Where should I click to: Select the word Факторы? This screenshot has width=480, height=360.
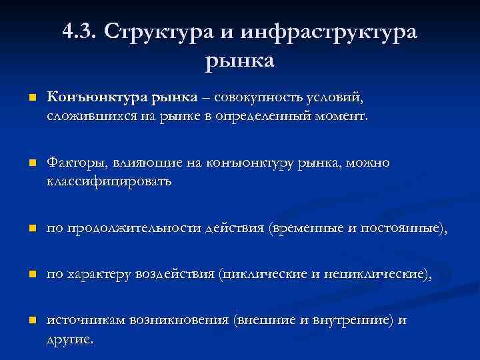pyautogui.click(x=74, y=163)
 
